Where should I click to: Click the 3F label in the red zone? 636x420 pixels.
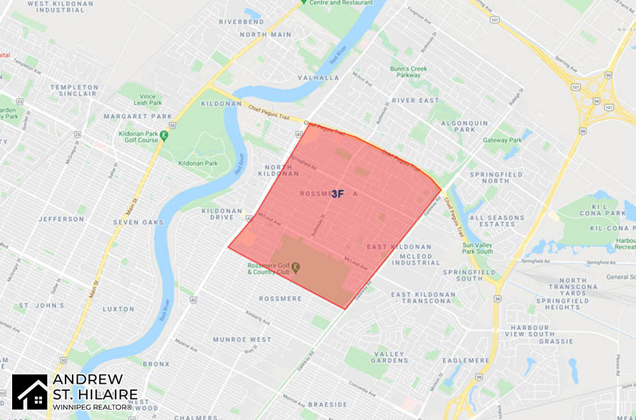coord(337,194)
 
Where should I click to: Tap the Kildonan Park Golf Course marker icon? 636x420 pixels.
coord(164,135)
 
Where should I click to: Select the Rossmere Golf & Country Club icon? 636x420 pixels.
coord(295,268)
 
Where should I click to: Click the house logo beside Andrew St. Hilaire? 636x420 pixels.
coord(29,391)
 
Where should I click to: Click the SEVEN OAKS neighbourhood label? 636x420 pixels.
coord(137,222)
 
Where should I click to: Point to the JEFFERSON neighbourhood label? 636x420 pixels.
coord(61,219)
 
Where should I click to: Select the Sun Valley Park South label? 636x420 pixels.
coord(478,248)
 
